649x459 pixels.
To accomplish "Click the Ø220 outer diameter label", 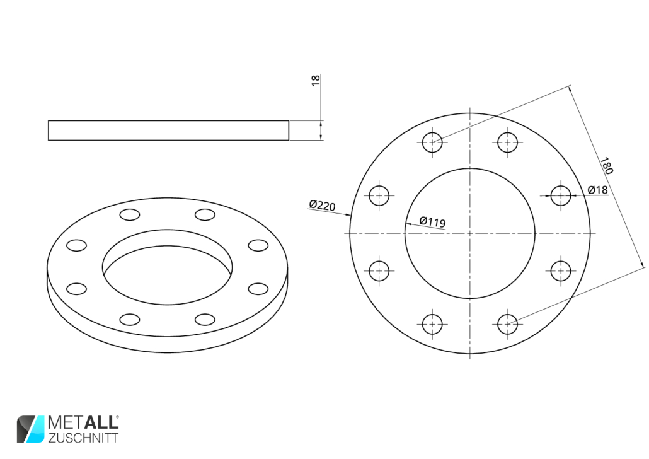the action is click(322, 205).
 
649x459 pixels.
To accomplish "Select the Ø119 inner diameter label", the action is click(432, 222).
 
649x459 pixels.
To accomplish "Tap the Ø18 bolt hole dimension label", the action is click(598, 190).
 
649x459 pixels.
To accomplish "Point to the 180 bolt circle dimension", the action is click(606, 166).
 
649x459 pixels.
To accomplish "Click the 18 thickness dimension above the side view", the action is click(316, 80).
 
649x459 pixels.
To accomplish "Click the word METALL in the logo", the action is click(83, 422).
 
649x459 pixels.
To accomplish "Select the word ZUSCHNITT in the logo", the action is click(83, 438).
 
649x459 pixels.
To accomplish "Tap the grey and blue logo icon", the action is click(30, 429).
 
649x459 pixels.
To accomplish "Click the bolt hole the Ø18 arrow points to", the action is click(561, 195).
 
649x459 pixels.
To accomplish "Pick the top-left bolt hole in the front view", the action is click(432, 142).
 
